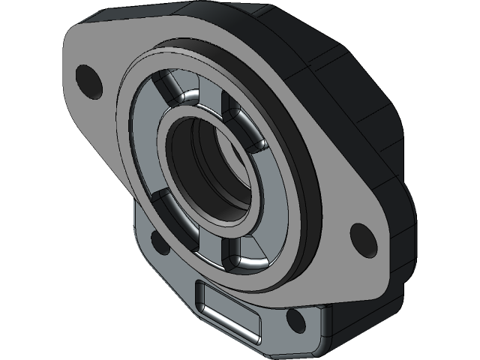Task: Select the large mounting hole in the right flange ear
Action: [x=362, y=235]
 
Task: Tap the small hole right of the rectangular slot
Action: [x=295, y=321]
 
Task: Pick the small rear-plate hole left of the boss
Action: [x=158, y=240]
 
